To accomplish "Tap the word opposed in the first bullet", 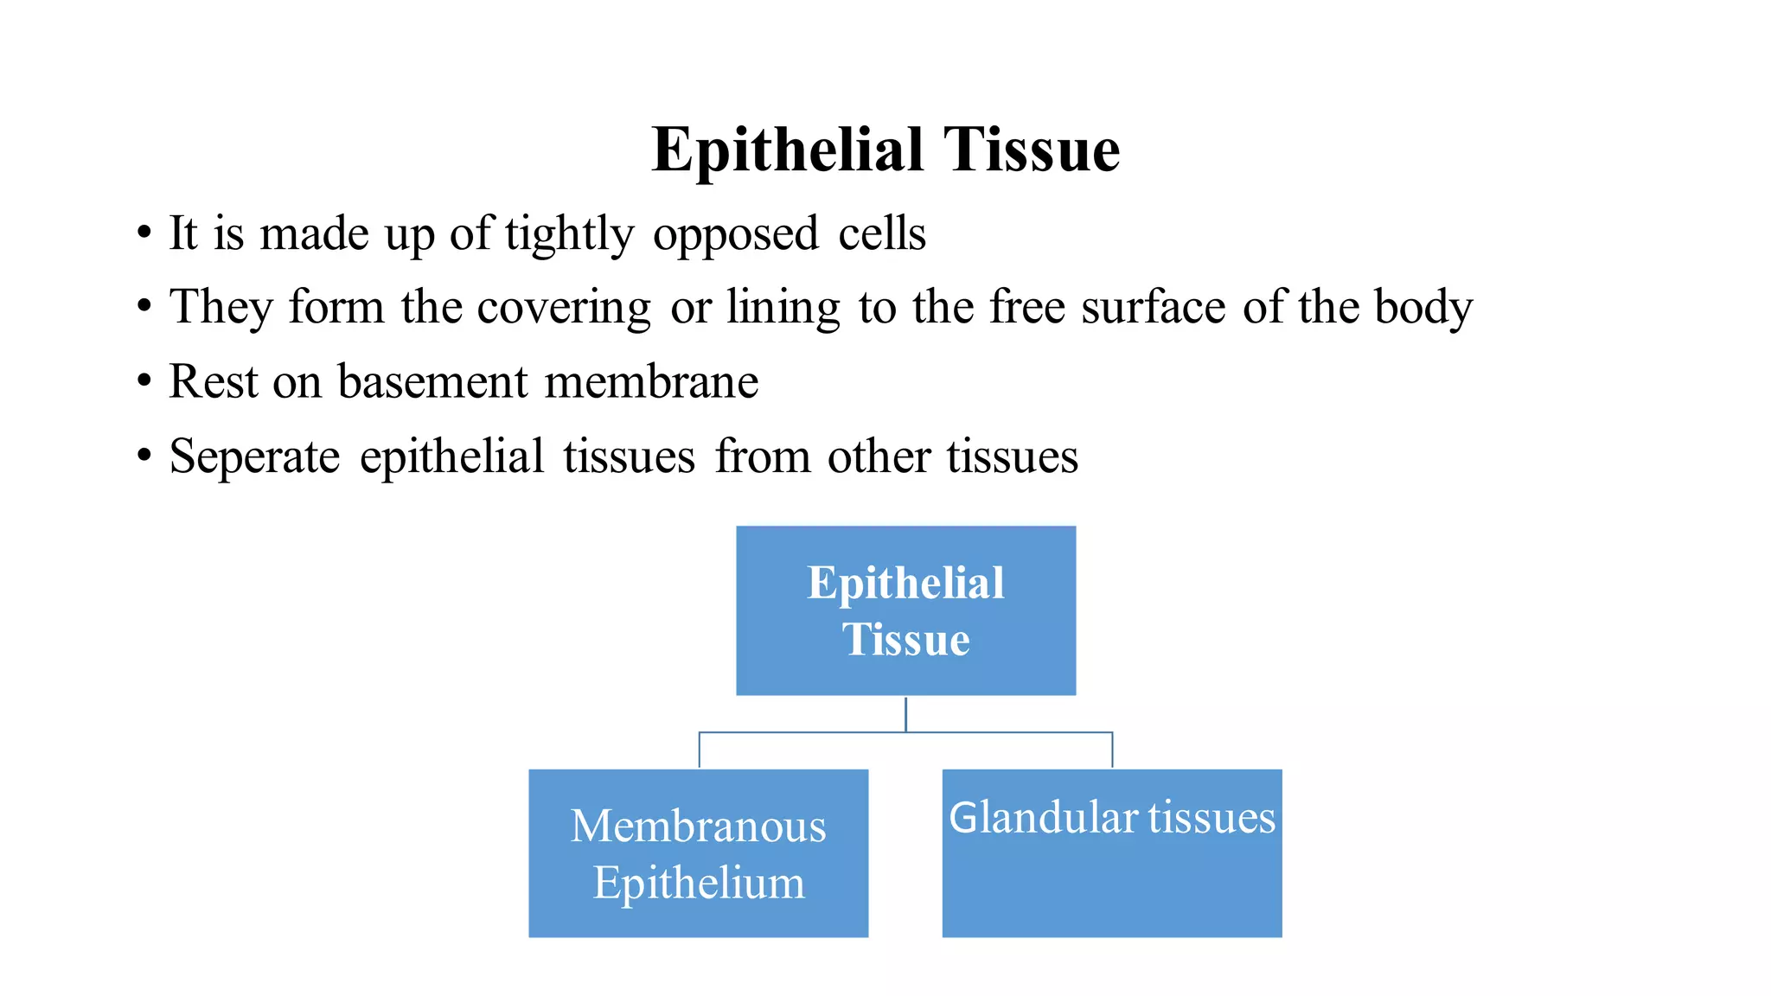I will (735, 235).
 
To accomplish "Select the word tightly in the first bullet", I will (569, 235).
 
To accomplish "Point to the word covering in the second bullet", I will (564, 309).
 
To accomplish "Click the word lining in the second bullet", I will (783, 309).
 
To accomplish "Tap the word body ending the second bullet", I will (1423, 309).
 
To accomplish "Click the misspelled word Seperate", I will (254, 457).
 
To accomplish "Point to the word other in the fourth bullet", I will (878, 457).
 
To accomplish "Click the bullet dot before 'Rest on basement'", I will (144, 381).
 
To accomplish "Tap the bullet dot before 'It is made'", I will (144, 233).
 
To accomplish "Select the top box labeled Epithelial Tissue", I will (905, 610).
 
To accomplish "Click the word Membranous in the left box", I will (698, 826).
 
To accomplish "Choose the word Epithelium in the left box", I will (698, 883).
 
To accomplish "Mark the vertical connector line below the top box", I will (905, 714).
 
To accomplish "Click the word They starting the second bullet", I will (221, 309).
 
